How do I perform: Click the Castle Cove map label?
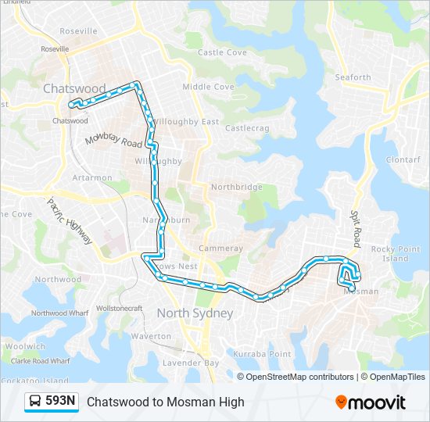222,53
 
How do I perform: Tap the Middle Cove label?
208,87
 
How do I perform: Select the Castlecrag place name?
247,127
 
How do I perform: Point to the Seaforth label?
353,77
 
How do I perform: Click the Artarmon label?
92,177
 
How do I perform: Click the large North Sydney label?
195,313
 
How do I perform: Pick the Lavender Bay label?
191,363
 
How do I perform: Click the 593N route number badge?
61,401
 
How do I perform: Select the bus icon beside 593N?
36,402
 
